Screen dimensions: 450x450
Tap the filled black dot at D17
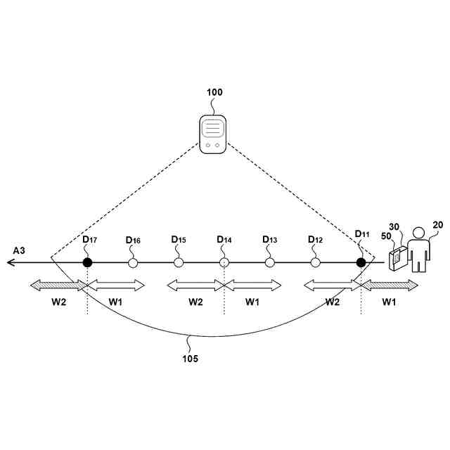tap(87, 262)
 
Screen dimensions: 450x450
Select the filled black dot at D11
tap(361, 262)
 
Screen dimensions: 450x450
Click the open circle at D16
tap(133, 262)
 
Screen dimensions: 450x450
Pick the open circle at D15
tap(179, 262)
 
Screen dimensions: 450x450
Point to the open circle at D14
tap(224, 262)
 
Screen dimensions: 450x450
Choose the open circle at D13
tap(270, 262)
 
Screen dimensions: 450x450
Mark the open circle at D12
tap(316, 262)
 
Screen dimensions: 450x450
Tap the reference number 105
tap(189, 359)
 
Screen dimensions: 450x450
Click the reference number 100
tap(214, 92)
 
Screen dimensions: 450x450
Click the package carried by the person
tap(397, 259)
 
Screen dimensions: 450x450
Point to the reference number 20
tap(438, 225)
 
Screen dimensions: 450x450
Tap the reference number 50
tap(386, 237)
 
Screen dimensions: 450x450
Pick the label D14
tap(224, 240)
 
